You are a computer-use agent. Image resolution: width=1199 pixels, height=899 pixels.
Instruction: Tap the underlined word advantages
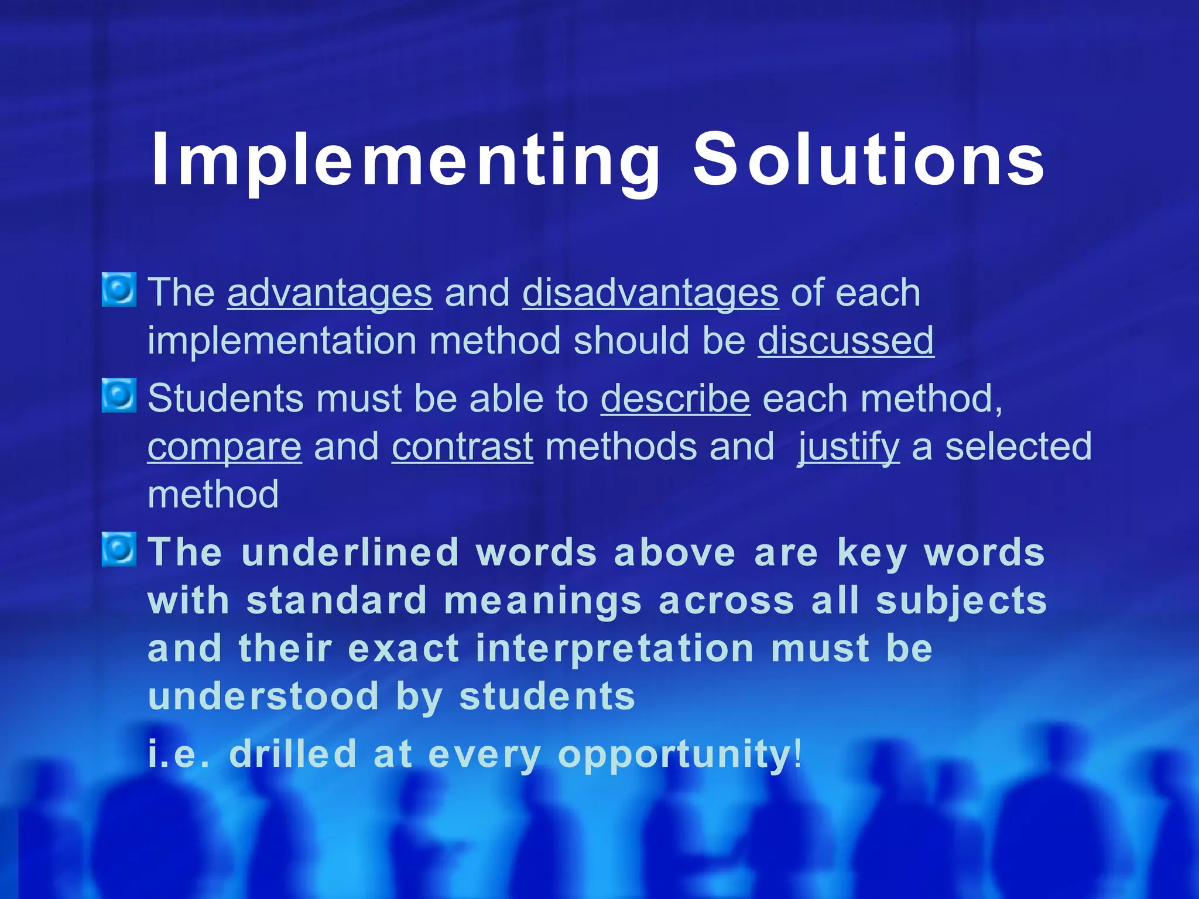[330, 293]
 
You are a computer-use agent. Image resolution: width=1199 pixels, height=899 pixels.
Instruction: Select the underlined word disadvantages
[650, 293]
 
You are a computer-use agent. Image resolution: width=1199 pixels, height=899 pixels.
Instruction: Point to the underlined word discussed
[845, 341]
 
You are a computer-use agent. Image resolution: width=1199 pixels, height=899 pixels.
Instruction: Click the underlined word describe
[675, 399]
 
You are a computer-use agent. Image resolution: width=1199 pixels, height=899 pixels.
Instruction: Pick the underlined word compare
[224, 447]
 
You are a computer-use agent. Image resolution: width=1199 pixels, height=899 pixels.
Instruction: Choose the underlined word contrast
[462, 447]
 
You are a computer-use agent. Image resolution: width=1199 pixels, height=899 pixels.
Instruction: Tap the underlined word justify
[848, 447]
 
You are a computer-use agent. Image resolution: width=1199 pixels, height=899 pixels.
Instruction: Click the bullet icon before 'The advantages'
[119, 290]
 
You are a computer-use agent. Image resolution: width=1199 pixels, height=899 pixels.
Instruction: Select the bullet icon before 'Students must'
[119, 396]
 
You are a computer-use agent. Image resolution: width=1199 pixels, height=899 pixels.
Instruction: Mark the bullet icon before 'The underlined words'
[119, 550]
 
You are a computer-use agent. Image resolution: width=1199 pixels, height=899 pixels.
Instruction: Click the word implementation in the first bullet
[282, 341]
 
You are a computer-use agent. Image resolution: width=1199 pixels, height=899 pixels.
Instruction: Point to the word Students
[225, 399]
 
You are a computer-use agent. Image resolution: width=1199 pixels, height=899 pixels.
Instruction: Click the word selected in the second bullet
[1018, 447]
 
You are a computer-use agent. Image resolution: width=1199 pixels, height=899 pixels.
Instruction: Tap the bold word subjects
[961, 602]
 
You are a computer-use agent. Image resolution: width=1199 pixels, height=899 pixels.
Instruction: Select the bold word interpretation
[614, 649]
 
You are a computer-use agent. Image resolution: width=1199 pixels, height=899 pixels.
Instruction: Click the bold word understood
[263, 696]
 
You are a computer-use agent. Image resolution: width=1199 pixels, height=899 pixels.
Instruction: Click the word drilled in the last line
[293, 754]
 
